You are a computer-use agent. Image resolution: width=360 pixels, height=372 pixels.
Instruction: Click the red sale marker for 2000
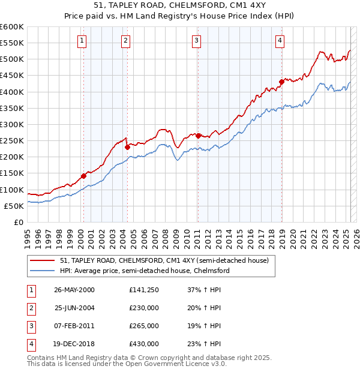pos(83,176)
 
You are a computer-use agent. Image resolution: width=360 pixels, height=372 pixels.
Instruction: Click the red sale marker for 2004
pos(127,147)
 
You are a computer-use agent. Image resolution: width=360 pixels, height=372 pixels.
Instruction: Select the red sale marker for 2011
pos(198,136)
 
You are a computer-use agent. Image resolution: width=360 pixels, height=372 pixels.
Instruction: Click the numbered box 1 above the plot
pos(82,41)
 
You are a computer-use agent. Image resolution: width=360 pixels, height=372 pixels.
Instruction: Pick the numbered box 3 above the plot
pos(196,41)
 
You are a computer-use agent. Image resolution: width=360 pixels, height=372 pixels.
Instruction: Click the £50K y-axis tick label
pos(14,206)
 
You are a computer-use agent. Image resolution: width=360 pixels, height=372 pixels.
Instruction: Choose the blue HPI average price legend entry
pos(145,271)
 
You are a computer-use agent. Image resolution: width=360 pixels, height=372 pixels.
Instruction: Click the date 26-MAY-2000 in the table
pos(74,290)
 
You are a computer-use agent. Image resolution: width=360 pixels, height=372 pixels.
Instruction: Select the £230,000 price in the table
pos(144,308)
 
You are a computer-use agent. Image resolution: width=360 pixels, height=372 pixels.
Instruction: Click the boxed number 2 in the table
pos(30,308)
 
